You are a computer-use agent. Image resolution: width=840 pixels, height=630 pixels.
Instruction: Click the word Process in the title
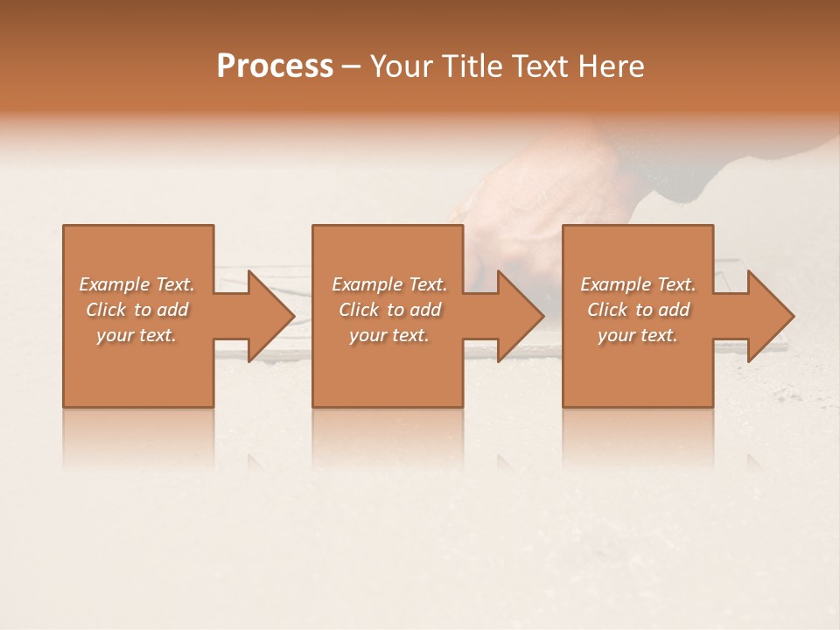tap(275, 66)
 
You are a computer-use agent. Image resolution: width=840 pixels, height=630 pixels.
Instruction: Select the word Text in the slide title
tap(541, 66)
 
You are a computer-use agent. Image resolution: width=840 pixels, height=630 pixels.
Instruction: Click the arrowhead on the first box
tap(262, 316)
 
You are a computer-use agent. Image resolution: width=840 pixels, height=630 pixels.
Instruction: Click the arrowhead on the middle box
tap(513, 316)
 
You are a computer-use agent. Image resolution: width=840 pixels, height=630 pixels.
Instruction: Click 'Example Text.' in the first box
tap(136, 284)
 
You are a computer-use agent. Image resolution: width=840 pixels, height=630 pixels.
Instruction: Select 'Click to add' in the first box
tap(136, 310)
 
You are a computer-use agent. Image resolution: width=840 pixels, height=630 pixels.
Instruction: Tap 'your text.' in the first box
tap(136, 335)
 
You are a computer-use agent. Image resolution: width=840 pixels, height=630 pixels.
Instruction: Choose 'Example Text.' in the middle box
tap(389, 284)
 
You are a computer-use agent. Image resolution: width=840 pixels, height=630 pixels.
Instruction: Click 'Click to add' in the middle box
tap(389, 310)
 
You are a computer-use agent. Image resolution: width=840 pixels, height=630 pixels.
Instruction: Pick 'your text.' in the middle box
tap(389, 335)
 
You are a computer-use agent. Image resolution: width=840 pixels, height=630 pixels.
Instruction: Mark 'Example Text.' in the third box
tap(638, 284)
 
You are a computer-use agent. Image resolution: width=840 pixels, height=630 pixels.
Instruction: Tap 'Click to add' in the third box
tap(638, 310)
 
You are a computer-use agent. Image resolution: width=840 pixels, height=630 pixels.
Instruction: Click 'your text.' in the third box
tap(638, 335)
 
